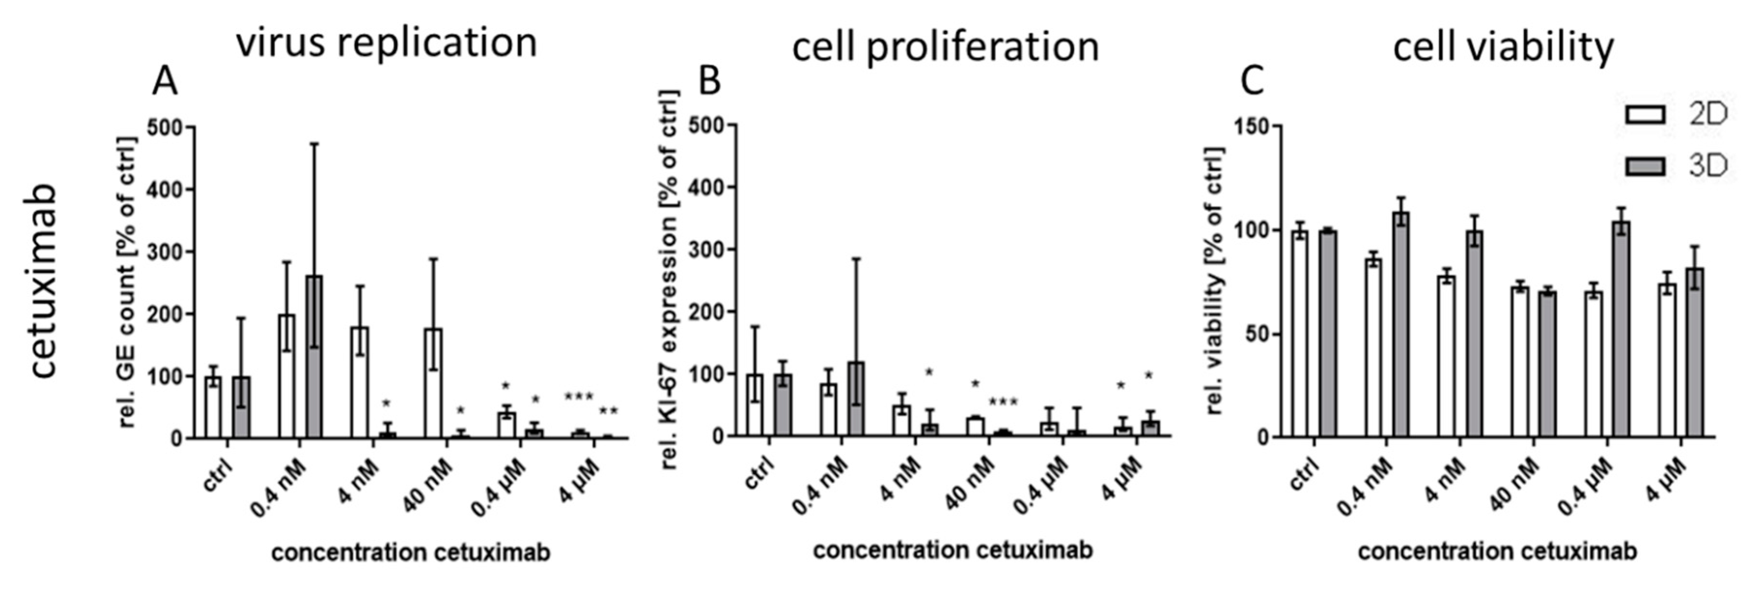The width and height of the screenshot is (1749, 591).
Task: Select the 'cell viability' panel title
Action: point(1503,47)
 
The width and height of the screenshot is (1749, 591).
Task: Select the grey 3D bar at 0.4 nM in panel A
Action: point(314,357)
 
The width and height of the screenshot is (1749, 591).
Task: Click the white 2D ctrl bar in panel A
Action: point(213,408)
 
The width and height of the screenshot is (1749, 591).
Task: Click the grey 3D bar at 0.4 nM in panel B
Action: point(856,399)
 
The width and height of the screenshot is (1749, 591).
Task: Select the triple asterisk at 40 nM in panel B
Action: point(1003,403)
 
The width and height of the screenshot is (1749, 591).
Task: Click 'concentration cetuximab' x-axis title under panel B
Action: point(953,550)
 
